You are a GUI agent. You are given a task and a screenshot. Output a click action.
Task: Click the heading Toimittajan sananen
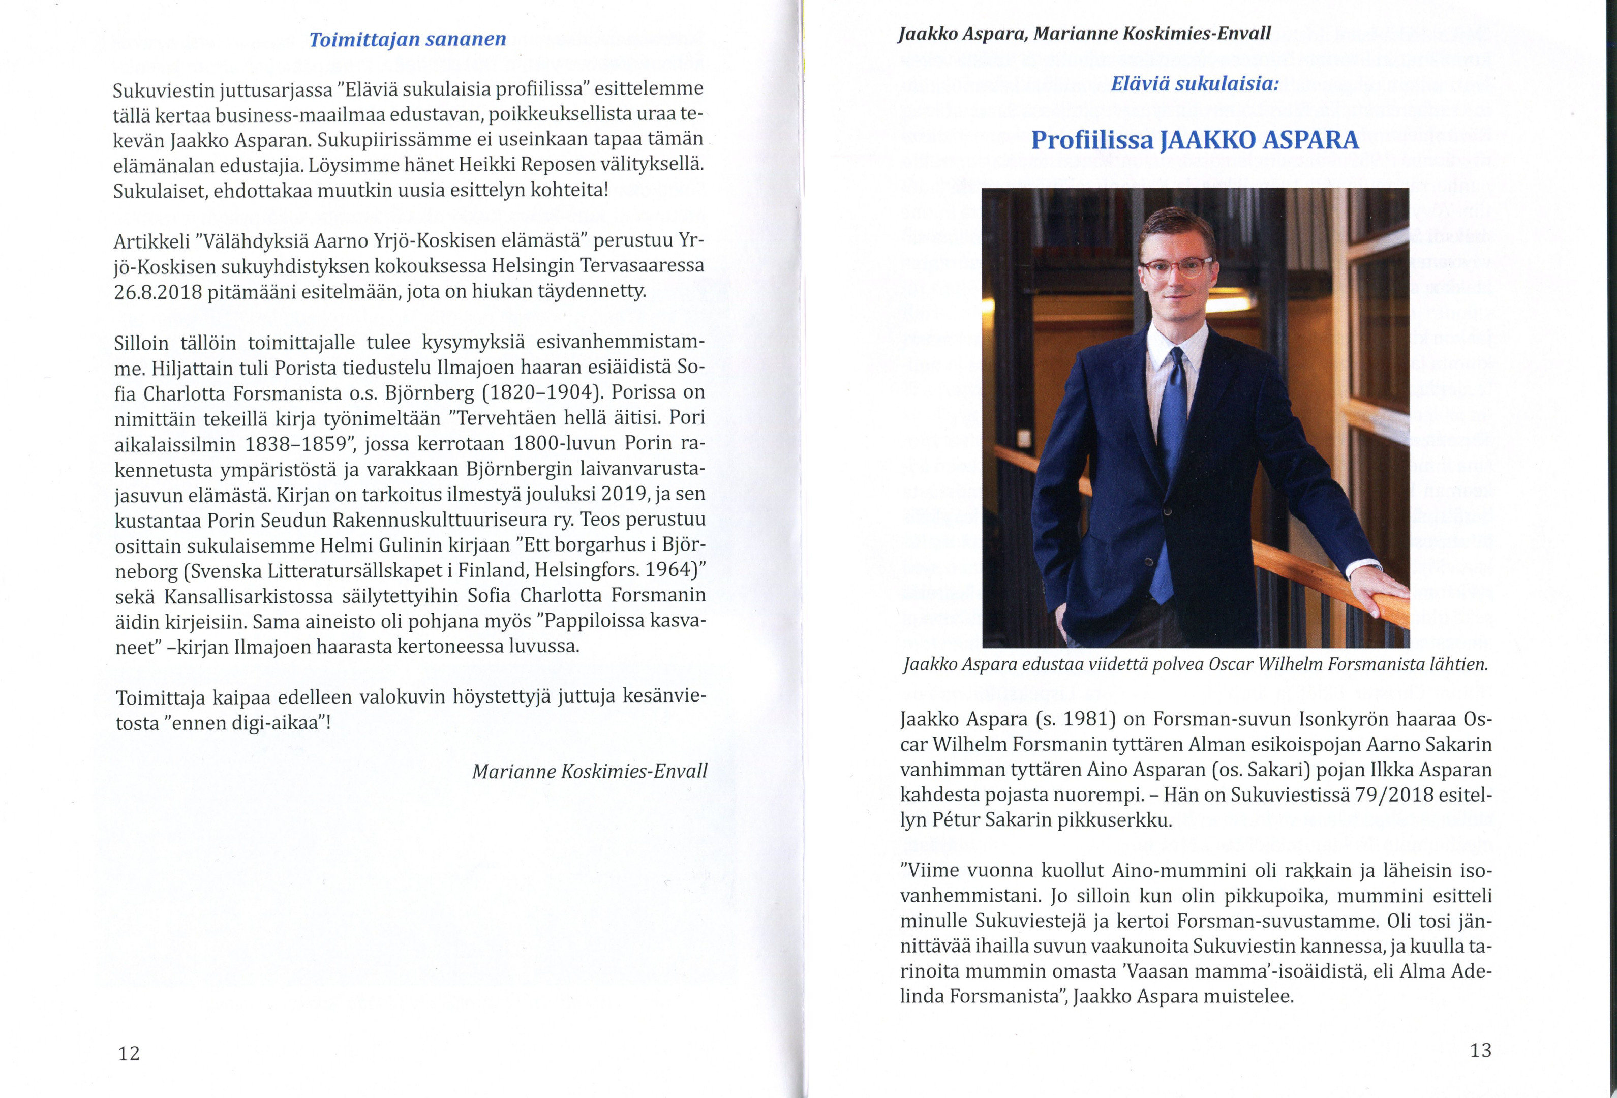pos(407,40)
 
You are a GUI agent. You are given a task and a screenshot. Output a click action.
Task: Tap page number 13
pos(1481,1050)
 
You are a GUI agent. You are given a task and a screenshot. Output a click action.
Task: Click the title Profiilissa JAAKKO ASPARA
pos(1195,141)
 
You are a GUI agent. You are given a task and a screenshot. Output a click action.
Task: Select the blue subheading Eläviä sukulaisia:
pos(1195,84)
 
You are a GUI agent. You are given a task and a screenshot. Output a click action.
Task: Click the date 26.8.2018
pos(157,292)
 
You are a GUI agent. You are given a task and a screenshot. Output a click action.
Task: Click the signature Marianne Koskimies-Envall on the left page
pos(589,771)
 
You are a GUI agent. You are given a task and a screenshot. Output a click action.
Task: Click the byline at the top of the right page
pos(1084,34)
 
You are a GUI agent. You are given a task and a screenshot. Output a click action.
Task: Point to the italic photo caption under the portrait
pos(1195,664)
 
